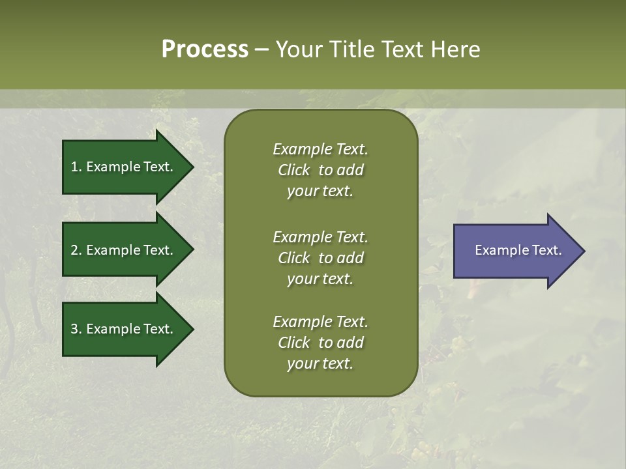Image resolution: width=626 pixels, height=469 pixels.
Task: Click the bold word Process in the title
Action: click(205, 50)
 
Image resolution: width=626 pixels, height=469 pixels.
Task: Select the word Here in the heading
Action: click(455, 50)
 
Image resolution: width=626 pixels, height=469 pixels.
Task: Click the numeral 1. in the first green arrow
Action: click(76, 167)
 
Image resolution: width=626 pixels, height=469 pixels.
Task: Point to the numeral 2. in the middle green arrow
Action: click(76, 250)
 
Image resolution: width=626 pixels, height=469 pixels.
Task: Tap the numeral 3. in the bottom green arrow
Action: click(76, 329)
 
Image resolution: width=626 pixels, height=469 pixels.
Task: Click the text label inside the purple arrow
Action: click(518, 250)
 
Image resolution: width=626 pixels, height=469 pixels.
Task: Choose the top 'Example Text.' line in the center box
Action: click(320, 149)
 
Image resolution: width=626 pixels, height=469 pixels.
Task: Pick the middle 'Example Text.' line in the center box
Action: click(320, 237)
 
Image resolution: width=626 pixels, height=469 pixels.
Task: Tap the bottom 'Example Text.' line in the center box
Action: click(320, 322)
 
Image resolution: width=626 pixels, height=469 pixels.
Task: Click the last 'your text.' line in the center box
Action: click(320, 363)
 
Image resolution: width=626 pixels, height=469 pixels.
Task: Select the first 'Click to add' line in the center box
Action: click(320, 170)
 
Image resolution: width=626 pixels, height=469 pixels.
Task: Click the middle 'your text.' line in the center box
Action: click(320, 279)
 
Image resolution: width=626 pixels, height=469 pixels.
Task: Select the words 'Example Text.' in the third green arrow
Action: click(130, 329)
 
